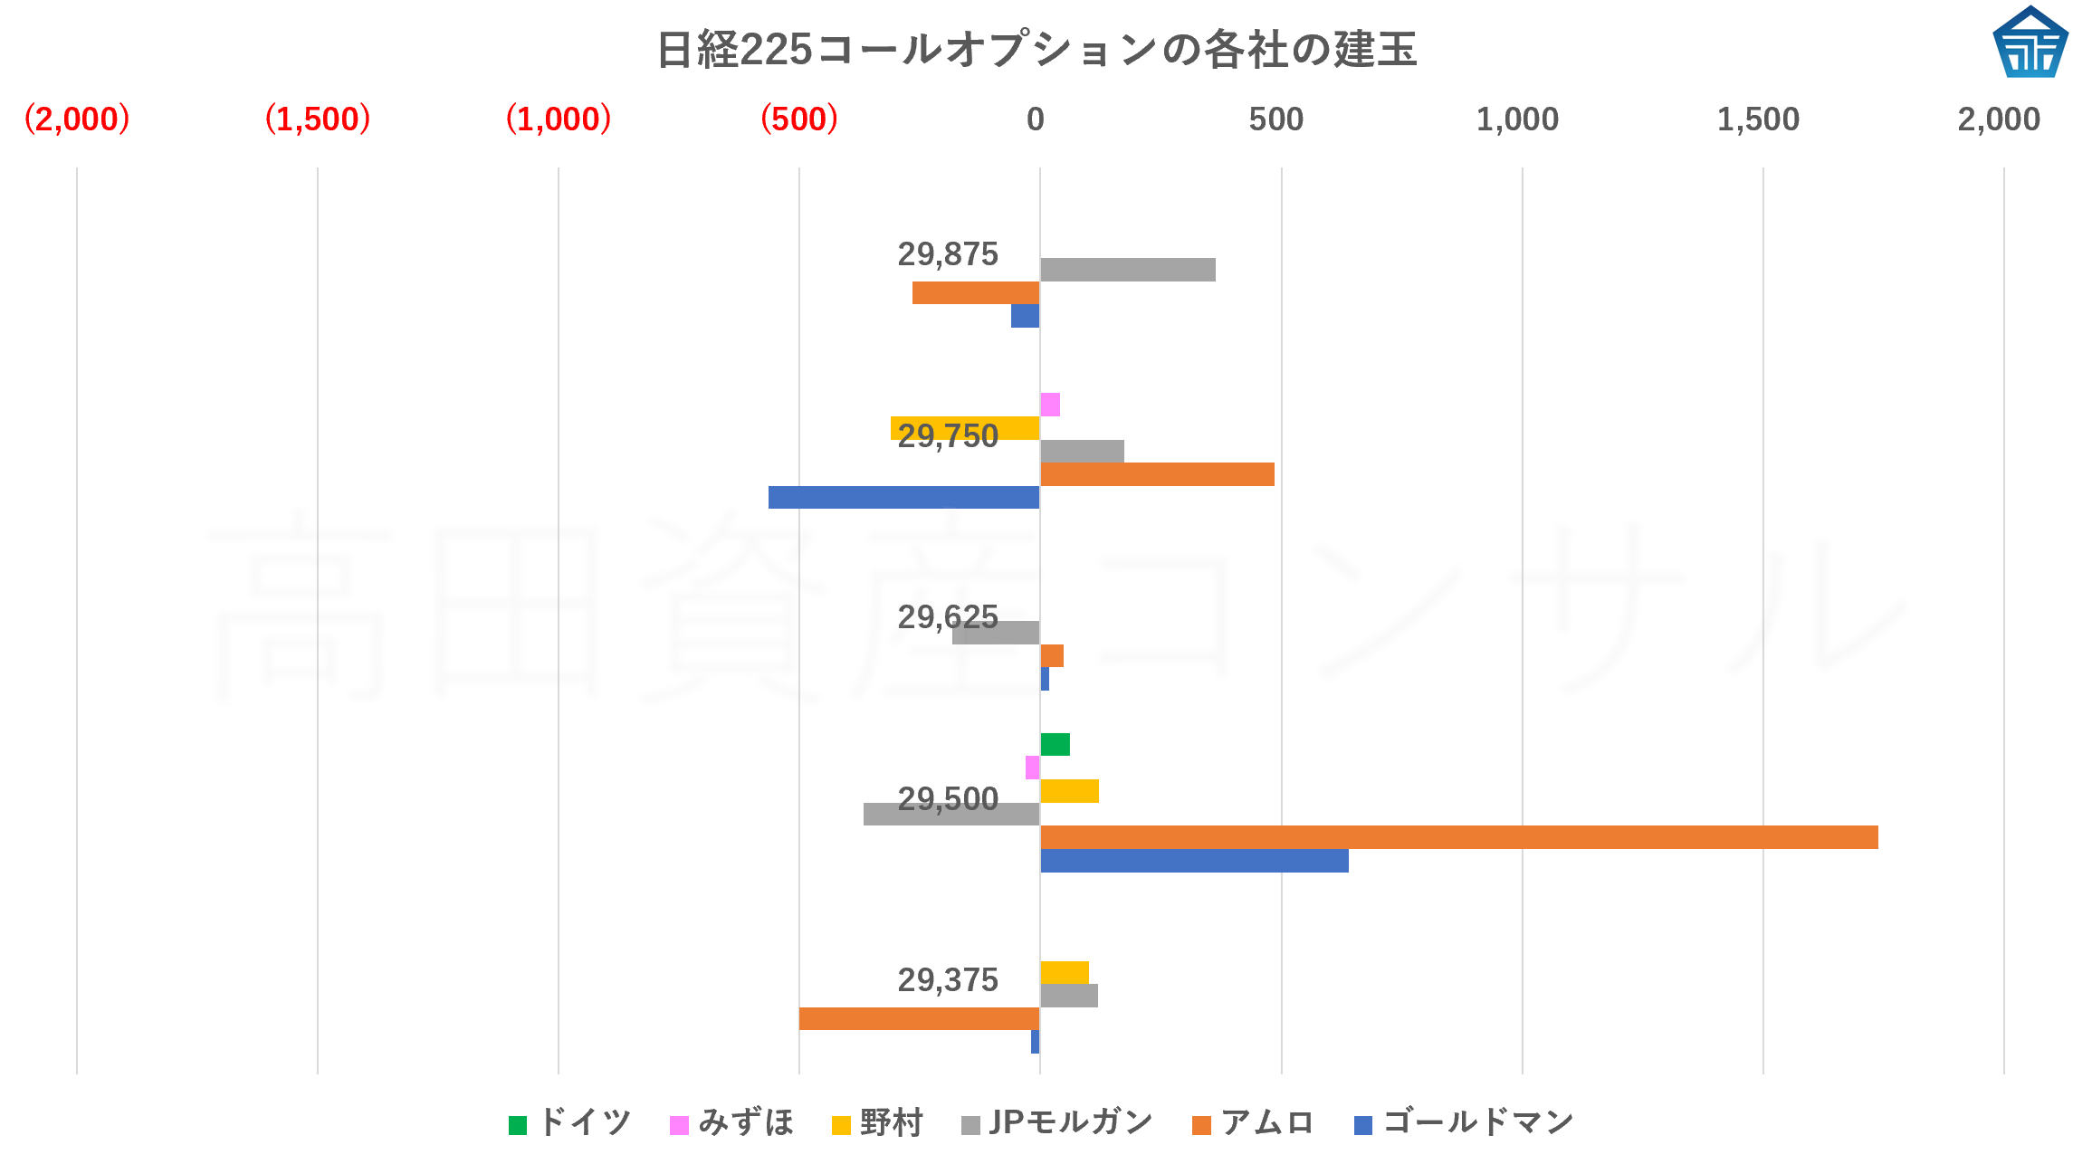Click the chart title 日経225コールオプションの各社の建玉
1036,49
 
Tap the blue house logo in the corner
2030,43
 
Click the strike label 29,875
947,254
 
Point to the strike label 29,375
947,979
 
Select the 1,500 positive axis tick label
1757,119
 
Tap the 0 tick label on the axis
1035,119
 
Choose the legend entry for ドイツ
570,1123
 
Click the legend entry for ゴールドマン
1464,1123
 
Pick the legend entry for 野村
877,1123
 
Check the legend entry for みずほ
732,1123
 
